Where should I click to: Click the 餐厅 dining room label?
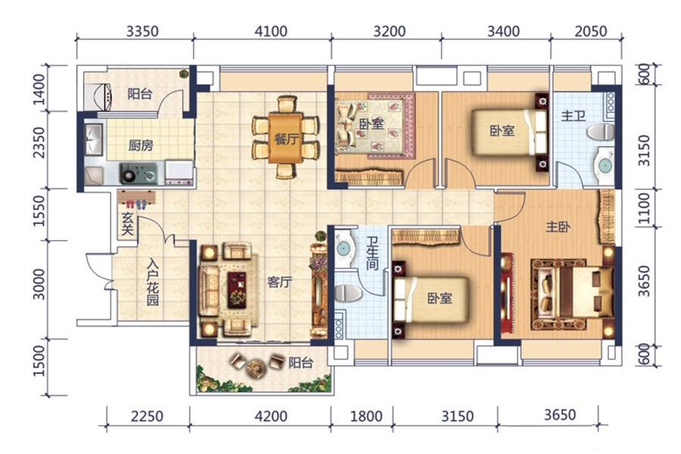click(x=286, y=139)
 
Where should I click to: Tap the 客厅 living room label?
click(x=279, y=282)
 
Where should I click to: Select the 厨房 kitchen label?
click(x=141, y=145)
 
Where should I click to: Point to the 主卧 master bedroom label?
click(x=558, y=226)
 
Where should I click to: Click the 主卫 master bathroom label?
click(x=573, y=116)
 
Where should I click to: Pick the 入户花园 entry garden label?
click(x=152, y=282)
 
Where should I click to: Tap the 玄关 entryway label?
click(x=127, y=224)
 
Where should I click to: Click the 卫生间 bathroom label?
click(x=372, y=253)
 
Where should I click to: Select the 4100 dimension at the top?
click(x=271, y=31)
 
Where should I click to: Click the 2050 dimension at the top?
click(x=591, y=31)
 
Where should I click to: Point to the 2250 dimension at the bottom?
click(x=148, y=416)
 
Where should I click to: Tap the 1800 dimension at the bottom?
click(x=366, y=416)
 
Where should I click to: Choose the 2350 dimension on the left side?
click(x=39, y=142)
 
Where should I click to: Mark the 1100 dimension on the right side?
click(x=645, y=209)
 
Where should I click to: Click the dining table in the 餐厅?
click(x=285, y=138)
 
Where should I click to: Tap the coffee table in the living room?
click(x=237, y=290)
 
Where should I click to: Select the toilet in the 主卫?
click(x=601, y=132)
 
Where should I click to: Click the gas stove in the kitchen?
click(x=138, y=174)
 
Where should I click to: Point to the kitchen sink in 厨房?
click(x=93, y=139)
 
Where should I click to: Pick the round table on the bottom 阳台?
click(x=257, y=368)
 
